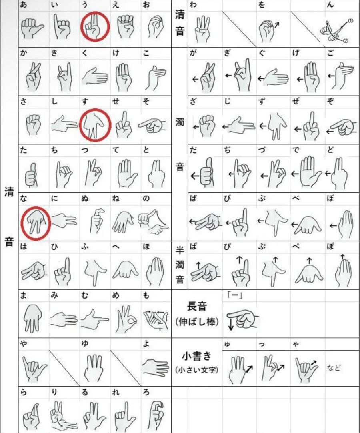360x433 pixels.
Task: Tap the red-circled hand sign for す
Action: pos(94,125)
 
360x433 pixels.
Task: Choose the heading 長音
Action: pos(197,306)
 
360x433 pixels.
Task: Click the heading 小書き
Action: pos(197,356)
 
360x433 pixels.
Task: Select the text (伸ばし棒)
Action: pos(197,321)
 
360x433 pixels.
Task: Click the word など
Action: pos(334,367)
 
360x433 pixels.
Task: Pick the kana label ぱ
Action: pos(193,246)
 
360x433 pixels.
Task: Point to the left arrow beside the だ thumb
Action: pos(195,176)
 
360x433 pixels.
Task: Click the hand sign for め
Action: pos(126,319)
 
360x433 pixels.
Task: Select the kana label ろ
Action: pos(146,392)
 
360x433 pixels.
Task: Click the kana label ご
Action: pos(330,53)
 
